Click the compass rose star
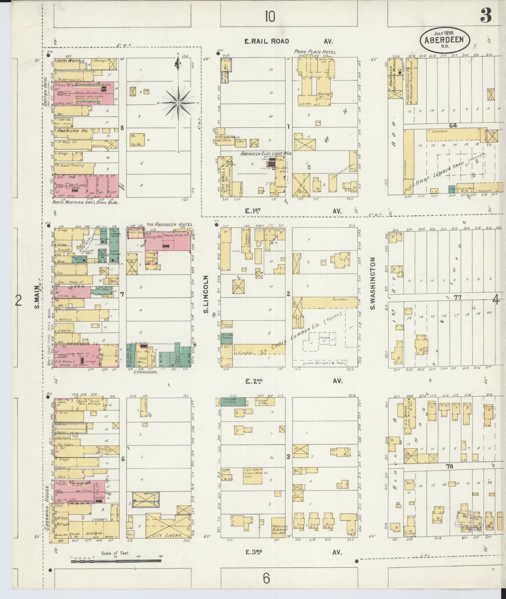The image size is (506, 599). tap(178, 103)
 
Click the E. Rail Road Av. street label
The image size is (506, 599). tap(267, 41)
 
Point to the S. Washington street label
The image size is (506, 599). tap(373, 283)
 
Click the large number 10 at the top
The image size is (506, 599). tap(270, 16)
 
